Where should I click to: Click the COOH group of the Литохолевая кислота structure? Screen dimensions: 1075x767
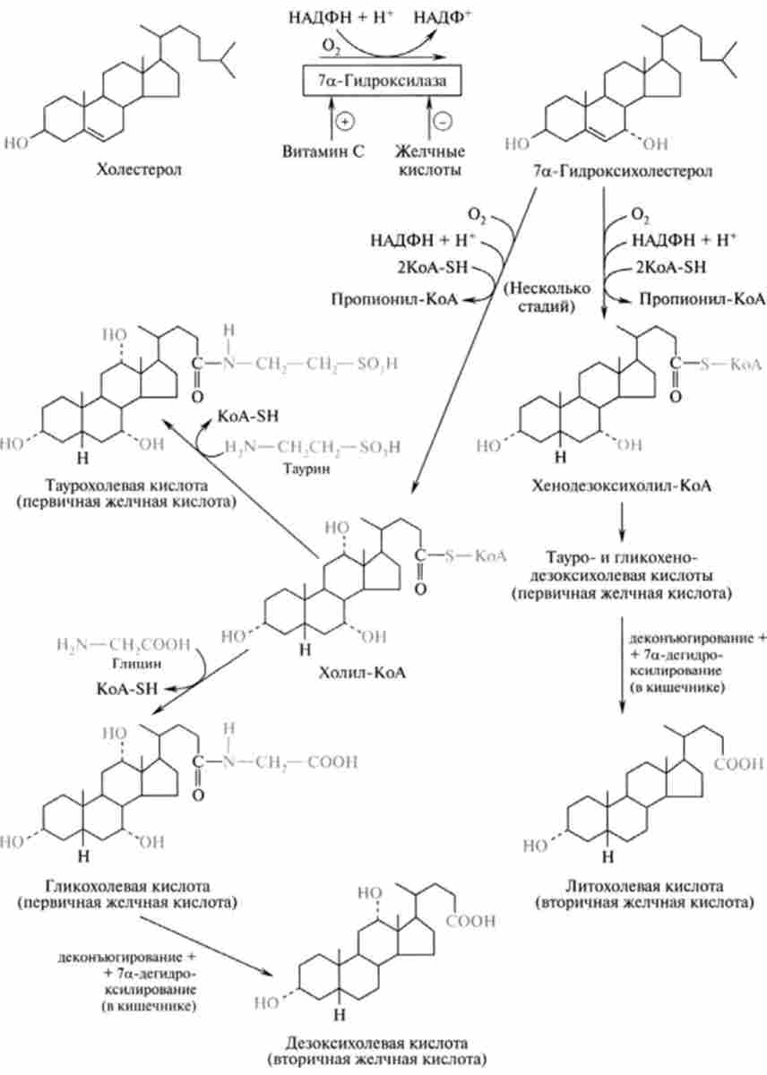pyautogui.click(x=739, y=763)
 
